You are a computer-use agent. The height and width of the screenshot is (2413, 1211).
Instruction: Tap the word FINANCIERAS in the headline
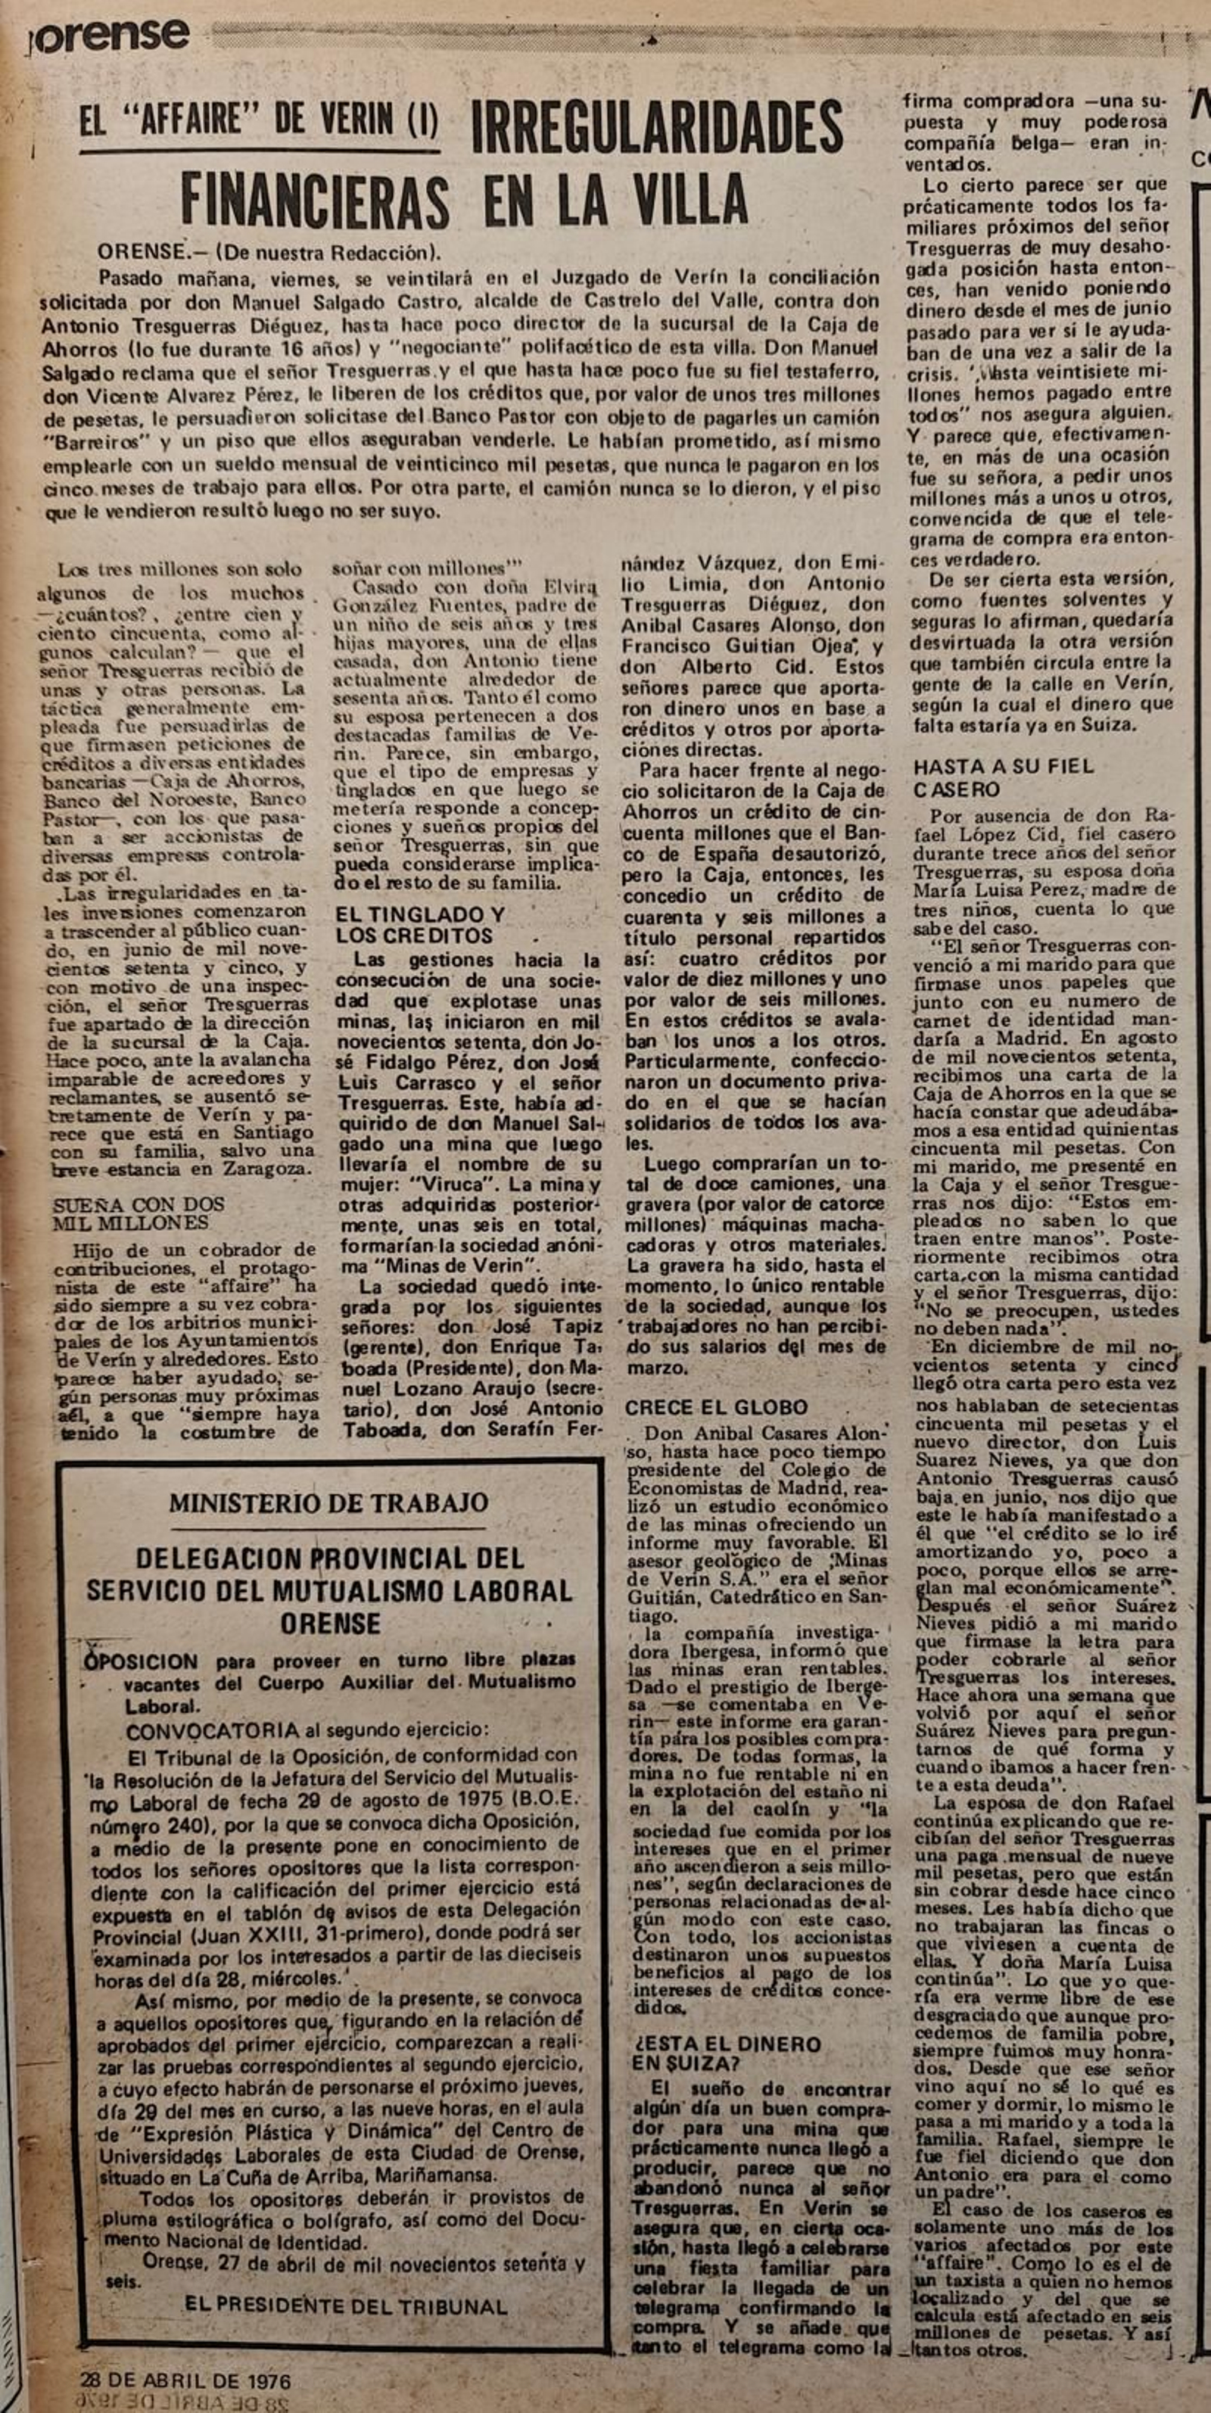315,201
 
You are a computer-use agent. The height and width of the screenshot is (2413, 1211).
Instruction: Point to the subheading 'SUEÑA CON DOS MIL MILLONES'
139,1213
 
